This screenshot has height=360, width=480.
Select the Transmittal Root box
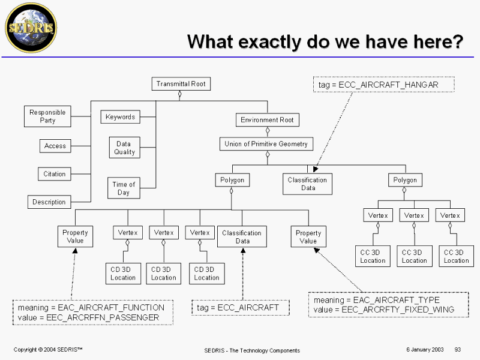tap(181, 84)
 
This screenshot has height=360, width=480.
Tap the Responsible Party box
tap(47, 116)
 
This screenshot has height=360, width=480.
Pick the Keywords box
tap(120, 117)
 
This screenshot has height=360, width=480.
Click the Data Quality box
tap(124, 148)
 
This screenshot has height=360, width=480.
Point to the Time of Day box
tap(124, 188)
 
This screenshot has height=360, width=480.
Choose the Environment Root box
tap(267, 120)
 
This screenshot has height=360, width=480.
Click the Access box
tap(55, 146)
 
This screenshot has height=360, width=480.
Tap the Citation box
tap(55, 174)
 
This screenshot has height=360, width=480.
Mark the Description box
tap(49, 202)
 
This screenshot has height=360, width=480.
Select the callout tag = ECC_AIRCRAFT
tap(238, 308)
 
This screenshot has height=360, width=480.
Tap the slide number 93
tap(458, 349)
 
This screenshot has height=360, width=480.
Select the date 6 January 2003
tap(424, 349)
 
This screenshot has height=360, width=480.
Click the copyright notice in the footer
tap(48, 349)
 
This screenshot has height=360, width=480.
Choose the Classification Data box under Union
tap(307, 184)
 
